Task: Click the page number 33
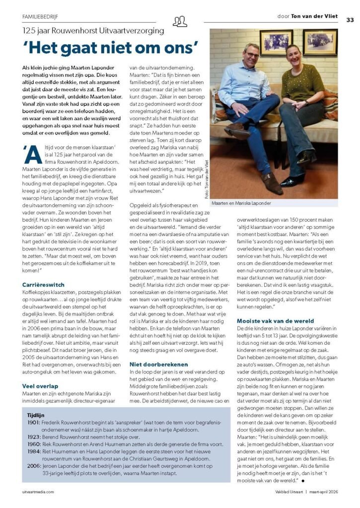pos(350,20)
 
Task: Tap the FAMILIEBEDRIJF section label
pos(40,16)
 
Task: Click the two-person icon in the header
pos(180,21)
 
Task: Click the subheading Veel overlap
pos(41,385)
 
